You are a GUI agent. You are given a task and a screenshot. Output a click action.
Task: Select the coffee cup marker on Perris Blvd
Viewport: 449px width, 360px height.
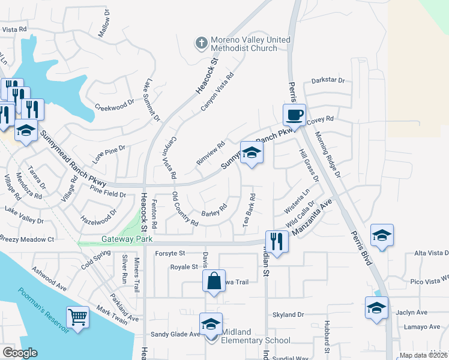tap(294, 115)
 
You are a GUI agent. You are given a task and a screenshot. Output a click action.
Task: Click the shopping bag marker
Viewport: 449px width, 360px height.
tap(214, 281)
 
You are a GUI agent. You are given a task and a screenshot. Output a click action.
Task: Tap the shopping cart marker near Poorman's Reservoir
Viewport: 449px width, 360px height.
tap(78, 316)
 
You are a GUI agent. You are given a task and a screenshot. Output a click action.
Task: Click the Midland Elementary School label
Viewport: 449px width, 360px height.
tap(256, 336)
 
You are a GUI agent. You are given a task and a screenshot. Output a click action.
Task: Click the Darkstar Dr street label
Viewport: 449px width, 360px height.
tap(328, 80)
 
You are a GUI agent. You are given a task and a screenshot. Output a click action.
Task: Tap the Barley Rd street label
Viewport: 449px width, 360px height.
tap(214, 211)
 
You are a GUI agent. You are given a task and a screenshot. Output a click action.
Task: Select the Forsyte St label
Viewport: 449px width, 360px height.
tap(170, 254)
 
